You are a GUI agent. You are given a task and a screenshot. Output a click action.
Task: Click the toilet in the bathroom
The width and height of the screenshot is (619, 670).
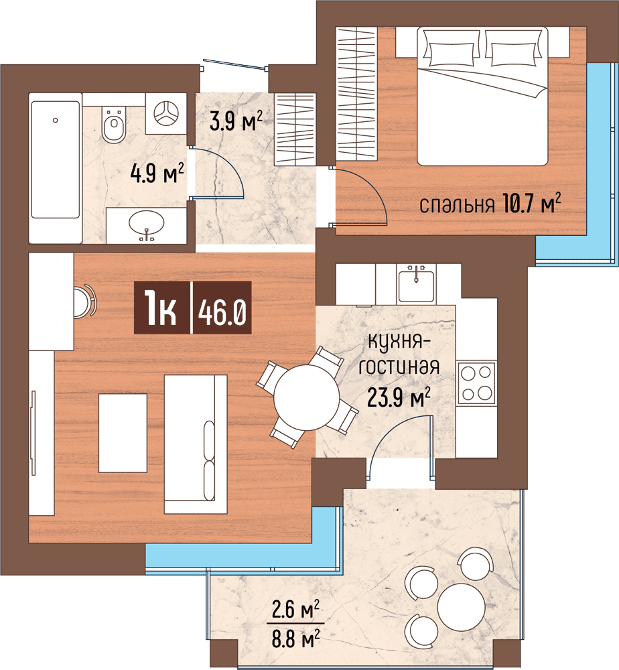(114, 125)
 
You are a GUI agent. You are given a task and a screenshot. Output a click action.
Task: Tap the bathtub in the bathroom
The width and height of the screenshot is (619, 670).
(56, 160)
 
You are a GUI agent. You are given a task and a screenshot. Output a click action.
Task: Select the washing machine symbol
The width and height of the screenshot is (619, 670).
(165, 113)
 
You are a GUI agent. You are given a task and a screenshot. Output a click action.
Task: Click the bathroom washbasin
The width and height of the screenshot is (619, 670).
(146, 225)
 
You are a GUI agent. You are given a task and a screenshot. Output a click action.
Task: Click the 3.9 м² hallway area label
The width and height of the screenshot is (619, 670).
(236, 120)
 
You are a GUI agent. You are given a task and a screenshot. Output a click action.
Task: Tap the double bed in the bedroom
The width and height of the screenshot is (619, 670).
(482, 96)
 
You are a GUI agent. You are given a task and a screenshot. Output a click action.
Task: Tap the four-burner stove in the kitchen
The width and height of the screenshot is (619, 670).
(476, 383)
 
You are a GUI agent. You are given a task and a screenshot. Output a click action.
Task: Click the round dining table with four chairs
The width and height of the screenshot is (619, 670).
(306, 397)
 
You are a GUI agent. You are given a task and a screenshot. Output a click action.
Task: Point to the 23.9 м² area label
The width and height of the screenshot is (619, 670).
(399, 398)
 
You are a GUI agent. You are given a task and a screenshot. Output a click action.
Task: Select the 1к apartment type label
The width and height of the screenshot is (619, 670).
(160, 308)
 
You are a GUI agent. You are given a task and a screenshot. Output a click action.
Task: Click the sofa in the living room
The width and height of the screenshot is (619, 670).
(196, 444)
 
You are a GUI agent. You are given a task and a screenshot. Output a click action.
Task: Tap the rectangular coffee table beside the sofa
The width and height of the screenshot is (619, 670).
(123, 433)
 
